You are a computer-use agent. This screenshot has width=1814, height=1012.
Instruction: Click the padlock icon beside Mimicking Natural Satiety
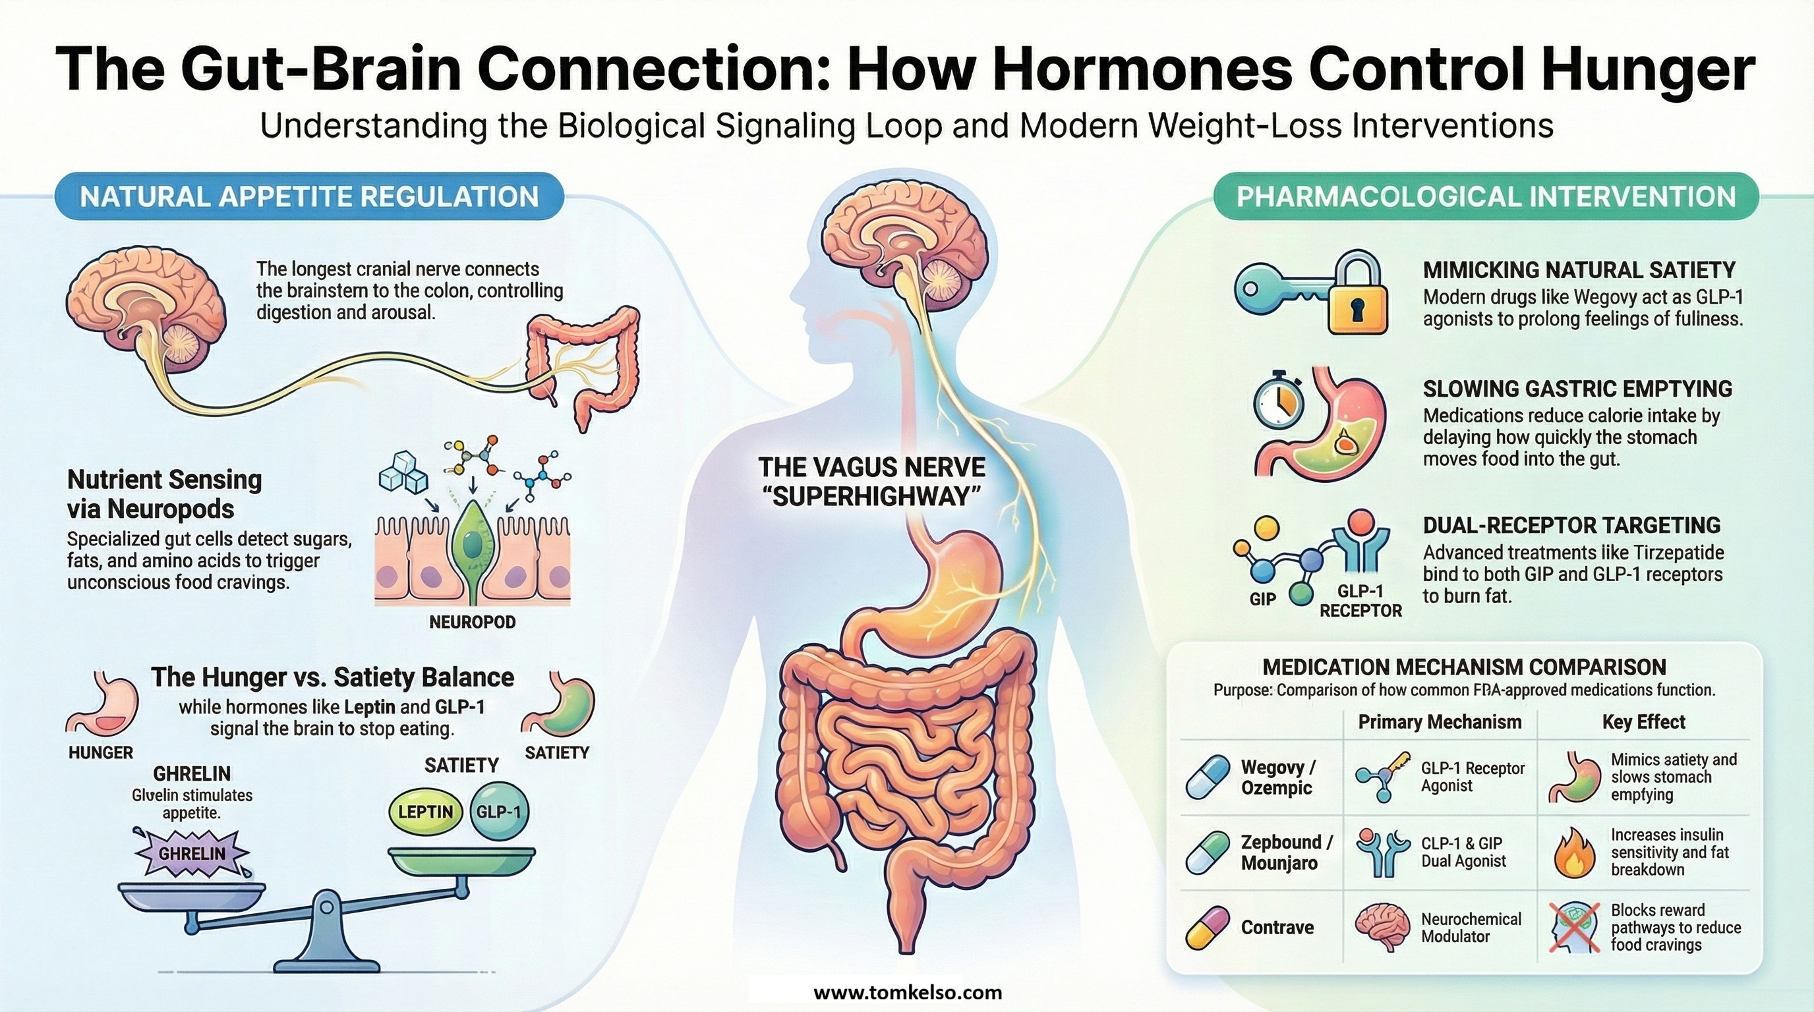(1358, 296)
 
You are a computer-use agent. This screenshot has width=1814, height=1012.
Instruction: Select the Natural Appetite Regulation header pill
(309, 196)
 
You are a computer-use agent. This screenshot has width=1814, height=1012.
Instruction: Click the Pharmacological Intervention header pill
(1486, 196)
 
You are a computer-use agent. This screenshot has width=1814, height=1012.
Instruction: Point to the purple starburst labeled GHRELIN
(192, 853)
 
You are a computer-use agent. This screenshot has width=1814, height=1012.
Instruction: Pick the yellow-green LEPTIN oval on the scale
(425, 812)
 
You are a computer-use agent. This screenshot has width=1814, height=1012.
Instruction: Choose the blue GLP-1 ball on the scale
(498, 812)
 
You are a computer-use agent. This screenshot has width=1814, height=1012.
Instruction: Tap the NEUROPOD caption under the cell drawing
(472, 622)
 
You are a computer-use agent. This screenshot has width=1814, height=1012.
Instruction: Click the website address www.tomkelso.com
(907, 992)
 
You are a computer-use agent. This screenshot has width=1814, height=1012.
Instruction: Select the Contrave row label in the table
(1277, 927)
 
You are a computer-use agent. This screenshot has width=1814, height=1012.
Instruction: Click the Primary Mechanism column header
(1440, 721)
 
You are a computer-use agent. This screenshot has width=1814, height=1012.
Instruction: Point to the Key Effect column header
(1643, 721)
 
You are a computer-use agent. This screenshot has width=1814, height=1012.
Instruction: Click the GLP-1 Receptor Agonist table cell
(1473, 777)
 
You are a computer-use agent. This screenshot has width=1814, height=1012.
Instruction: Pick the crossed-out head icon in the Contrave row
(1574, 928)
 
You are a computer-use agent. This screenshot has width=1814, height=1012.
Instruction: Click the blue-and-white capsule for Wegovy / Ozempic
(1208, 777)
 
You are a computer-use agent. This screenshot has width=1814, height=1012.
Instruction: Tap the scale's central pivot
(328, 908)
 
